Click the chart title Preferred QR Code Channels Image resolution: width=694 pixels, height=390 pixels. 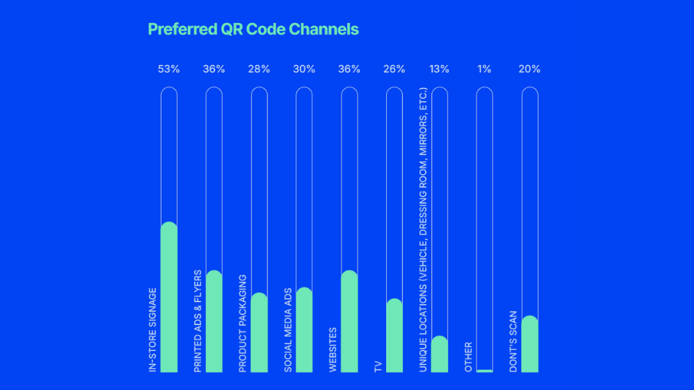pos(253,30)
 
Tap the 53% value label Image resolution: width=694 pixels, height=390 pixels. pos(168,69)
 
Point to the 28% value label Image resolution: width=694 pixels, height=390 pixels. pos(259,69)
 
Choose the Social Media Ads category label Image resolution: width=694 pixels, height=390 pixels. pos(288,331)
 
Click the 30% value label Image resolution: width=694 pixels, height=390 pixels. pos(304,69)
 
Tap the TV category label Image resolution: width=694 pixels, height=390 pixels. pos(378,365)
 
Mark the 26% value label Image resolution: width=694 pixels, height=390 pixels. pos(394,69)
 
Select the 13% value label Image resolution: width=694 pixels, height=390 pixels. pos(439,69)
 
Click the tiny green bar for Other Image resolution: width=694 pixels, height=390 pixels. pos(484,370)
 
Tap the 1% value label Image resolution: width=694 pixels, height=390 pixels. pos(484,69)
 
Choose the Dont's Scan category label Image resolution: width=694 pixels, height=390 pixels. pos(513,342)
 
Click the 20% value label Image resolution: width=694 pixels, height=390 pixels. pos(529,69)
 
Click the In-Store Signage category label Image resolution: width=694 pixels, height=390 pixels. pos(153,331)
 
